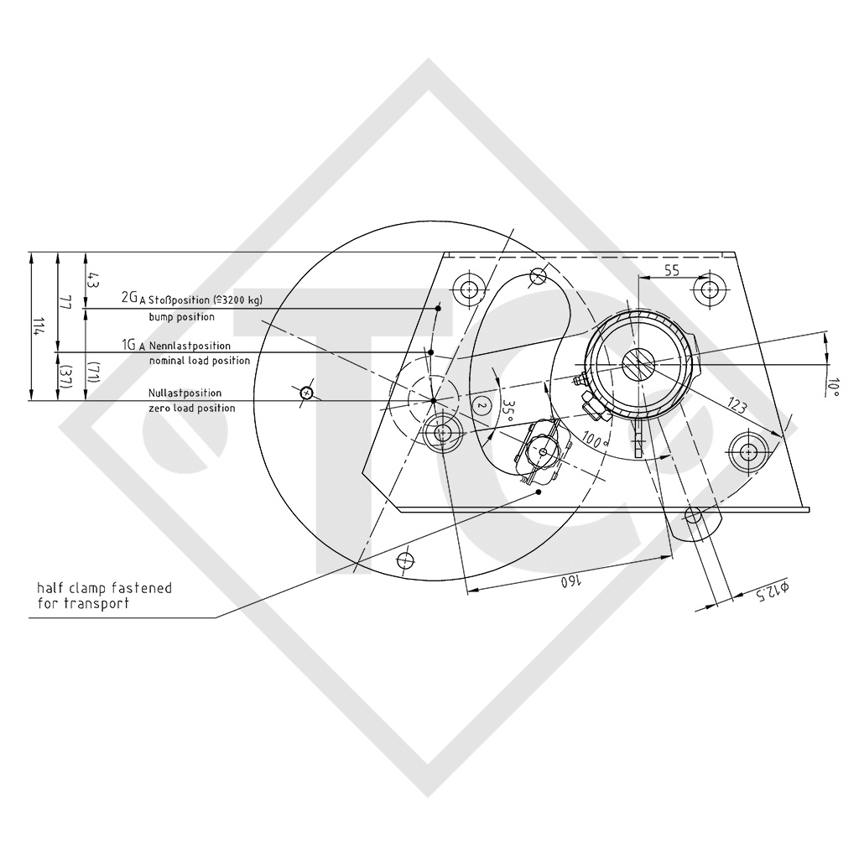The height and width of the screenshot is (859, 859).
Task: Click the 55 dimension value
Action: tap(671, 270)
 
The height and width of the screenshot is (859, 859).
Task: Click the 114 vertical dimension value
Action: tap(35, 326)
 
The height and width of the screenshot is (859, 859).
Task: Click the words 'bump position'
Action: tap(181, 317)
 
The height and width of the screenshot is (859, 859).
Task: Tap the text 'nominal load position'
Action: tap(199, 361)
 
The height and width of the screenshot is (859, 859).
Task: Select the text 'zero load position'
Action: tap(191, 408)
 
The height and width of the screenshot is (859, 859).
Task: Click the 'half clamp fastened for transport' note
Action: tap(104, 596)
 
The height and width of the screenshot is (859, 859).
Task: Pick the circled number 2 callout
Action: tap(482, 405)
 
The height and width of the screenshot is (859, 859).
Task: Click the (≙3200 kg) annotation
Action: tap(244, 299)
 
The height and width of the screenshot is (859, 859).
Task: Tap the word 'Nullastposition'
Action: tap(185, 393)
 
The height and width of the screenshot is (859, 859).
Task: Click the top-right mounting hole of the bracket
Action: tap(710, 289)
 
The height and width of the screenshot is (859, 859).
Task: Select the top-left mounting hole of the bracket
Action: tap(469, 290)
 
